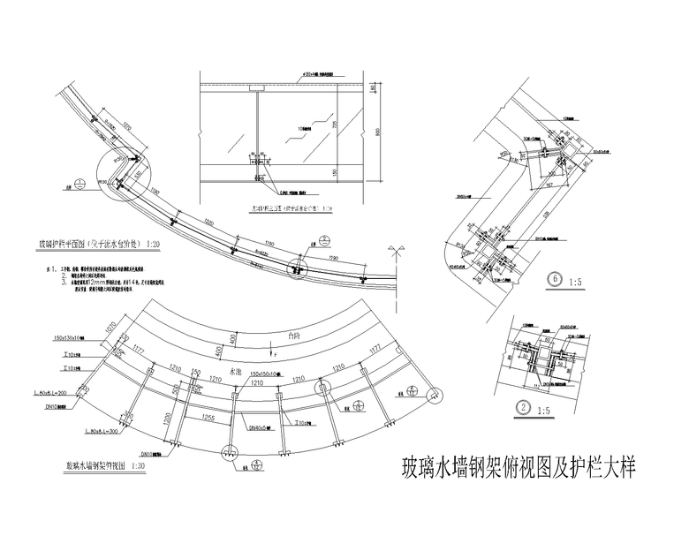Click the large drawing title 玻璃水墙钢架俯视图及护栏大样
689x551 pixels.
518,465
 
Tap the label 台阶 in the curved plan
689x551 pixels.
283,335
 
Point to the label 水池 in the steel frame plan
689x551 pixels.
235,373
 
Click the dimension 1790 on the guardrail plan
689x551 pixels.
333,258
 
